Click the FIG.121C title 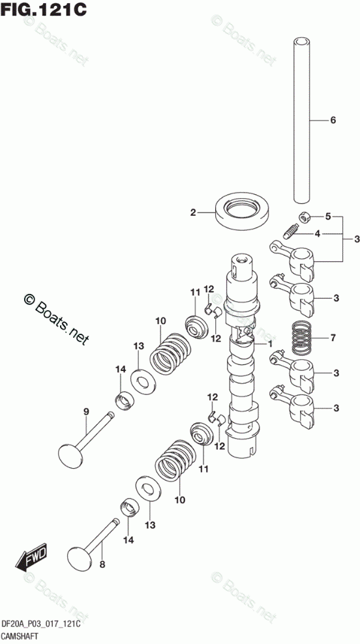pyautogui.click(x=44, y=8)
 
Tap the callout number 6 pyautogui.click(x=333, y=121)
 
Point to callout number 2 pyautogui.click(x=193, y=212)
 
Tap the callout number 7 pyautogui.click(x=333, y=338)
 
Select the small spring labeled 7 pyautogui.click(x=303, y=339)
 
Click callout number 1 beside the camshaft pyautogui.click(x=271, y=343)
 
